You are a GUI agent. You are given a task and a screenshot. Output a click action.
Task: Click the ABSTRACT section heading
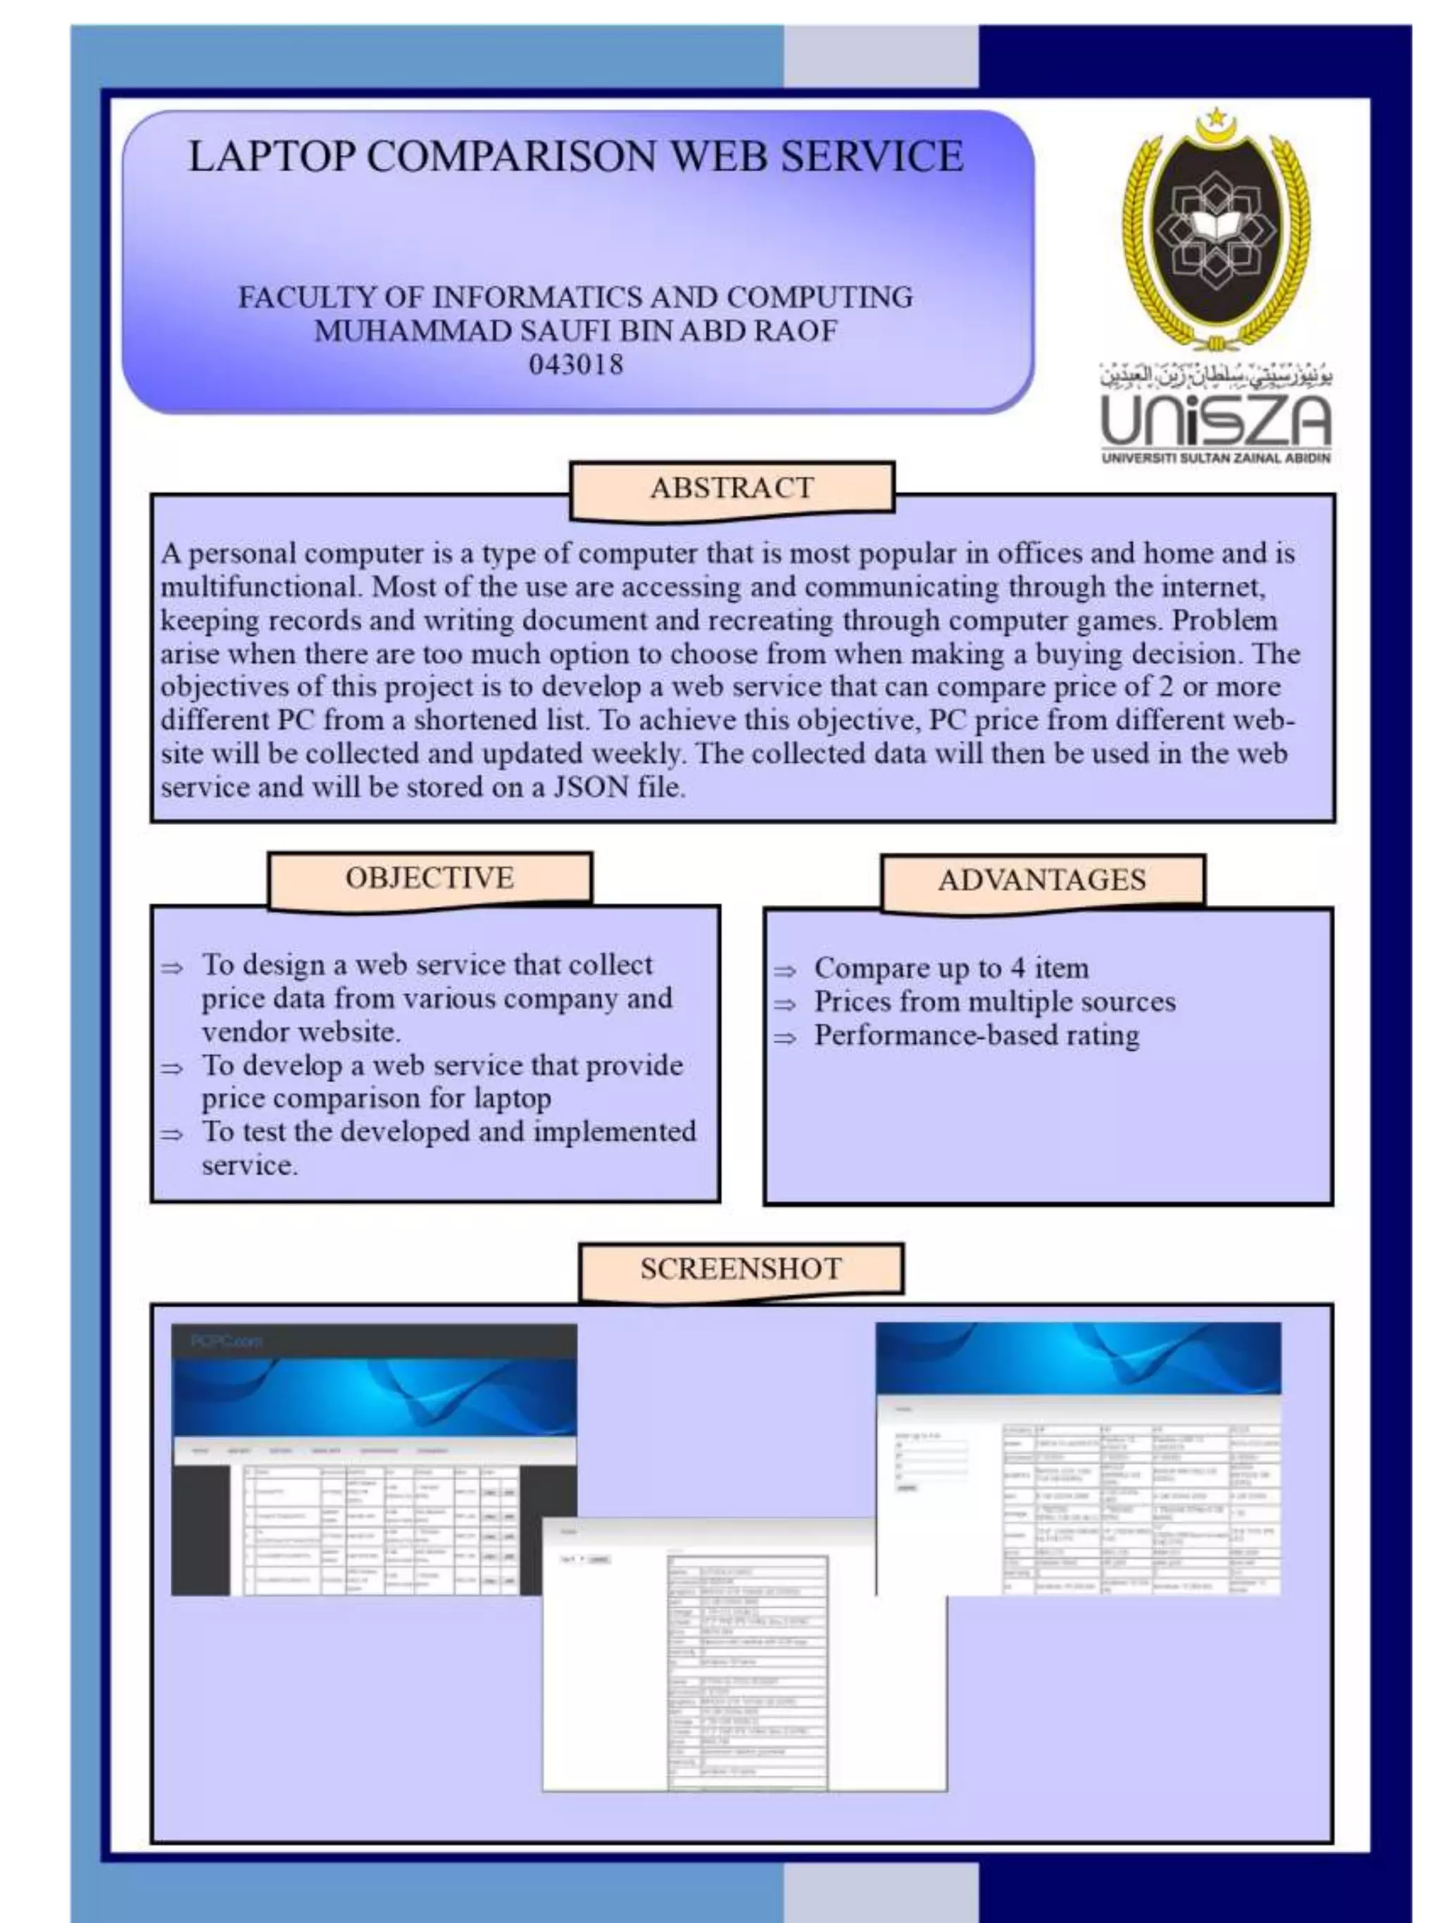tap(732, 489)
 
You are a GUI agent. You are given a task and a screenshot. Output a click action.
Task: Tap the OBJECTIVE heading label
tap(430, 878)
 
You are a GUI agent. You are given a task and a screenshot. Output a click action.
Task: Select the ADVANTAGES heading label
tap(1041, 880)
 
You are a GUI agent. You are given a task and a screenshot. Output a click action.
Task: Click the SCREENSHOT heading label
tap(741, 1269)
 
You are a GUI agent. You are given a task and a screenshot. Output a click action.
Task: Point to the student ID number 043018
tap(575, 364)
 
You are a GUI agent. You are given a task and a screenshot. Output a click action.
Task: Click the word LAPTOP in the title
tap(271, 157)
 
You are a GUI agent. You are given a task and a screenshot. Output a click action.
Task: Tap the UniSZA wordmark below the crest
tap(1215, 421)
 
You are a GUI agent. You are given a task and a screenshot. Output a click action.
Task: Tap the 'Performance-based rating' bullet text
tap(976, 1035)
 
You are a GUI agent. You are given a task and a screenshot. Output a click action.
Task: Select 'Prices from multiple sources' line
tap(994, 1002)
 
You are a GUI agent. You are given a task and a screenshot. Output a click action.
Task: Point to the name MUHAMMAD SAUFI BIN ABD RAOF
tap(575, 331)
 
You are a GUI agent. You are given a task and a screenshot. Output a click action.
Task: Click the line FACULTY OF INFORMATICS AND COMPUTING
tap(575, 297)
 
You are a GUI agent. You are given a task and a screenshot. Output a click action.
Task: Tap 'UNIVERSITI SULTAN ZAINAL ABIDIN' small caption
tap(1215, 458)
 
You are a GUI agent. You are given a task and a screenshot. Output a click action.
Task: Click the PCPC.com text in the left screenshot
tap(226, 1340)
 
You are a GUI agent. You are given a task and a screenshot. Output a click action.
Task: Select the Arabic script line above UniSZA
tap(1215, 376)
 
